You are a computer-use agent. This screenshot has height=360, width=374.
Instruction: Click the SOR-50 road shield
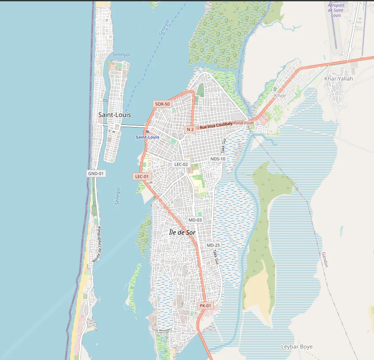pyautogui.click(x=162, y=104)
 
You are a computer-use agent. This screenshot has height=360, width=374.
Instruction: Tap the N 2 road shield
pyautogui.click(x=190, y=130)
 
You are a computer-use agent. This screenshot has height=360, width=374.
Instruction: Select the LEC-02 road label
pyautogui.click(x=181, y=164)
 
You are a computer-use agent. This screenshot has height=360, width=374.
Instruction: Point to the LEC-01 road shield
pyautogui.click(x=142, y=176)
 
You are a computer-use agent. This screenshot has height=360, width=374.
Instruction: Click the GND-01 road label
pyautogui.click(x=96, y=173)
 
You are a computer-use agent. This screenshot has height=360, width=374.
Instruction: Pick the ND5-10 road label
pyautogui.click(x=218, y=159)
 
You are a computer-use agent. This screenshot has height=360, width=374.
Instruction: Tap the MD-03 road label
pyautogui.click(x=195, y=220)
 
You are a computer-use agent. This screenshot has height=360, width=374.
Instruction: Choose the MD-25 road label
pyautogui.click(x=213, y=245)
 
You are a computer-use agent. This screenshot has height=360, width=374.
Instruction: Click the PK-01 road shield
pyautogui.click(x=205, y=306)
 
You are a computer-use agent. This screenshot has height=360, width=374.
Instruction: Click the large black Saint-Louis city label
pyautogui.click(x=115, y=115)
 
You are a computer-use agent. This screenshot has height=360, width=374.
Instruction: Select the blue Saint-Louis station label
pyautogui.click(x=147, y=137)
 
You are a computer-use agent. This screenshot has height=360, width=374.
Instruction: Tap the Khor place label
pyautogui.click(x=280, y=96)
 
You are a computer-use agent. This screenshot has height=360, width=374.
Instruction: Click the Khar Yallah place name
pyautogui.click(x=339, y=78)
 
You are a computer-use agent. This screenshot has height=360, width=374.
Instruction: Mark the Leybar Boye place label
pyautogui.click(x=297, y=347)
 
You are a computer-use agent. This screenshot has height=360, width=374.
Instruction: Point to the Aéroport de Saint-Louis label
pyautogui.click(x=337, y=10)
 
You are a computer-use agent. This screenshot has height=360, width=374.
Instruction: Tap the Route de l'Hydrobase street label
pyautogui.click(x=97, y=244)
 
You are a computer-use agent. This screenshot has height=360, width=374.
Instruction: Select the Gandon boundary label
pyautogui.click(x=325, y=260)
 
